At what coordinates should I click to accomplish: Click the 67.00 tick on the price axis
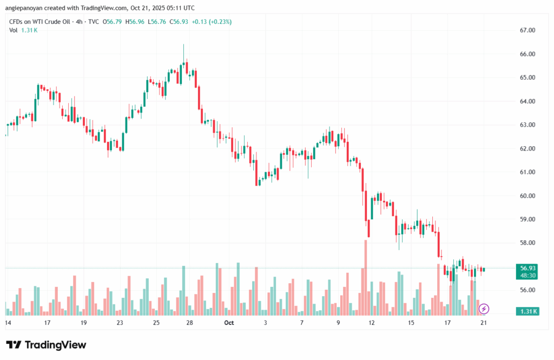(x=527, y=30)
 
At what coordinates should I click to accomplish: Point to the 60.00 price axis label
(x=527, y=195)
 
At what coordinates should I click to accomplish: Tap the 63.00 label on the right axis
(x=527, y=125)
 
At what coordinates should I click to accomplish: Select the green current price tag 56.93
(x=527, y=268)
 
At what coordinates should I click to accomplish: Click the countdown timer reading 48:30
(x=527, y=275)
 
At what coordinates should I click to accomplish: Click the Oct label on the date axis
(x=229, y=323)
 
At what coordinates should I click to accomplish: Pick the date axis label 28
(x=190, y=323)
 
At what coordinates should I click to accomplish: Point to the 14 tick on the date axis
(x=8, y=323)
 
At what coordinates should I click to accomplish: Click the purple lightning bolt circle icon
(x=484, y=309)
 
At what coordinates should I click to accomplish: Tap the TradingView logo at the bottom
(x=46, y=345)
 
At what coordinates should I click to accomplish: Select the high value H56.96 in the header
(x=135, y=22)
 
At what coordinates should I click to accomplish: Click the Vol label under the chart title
(x=13, y=30)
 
